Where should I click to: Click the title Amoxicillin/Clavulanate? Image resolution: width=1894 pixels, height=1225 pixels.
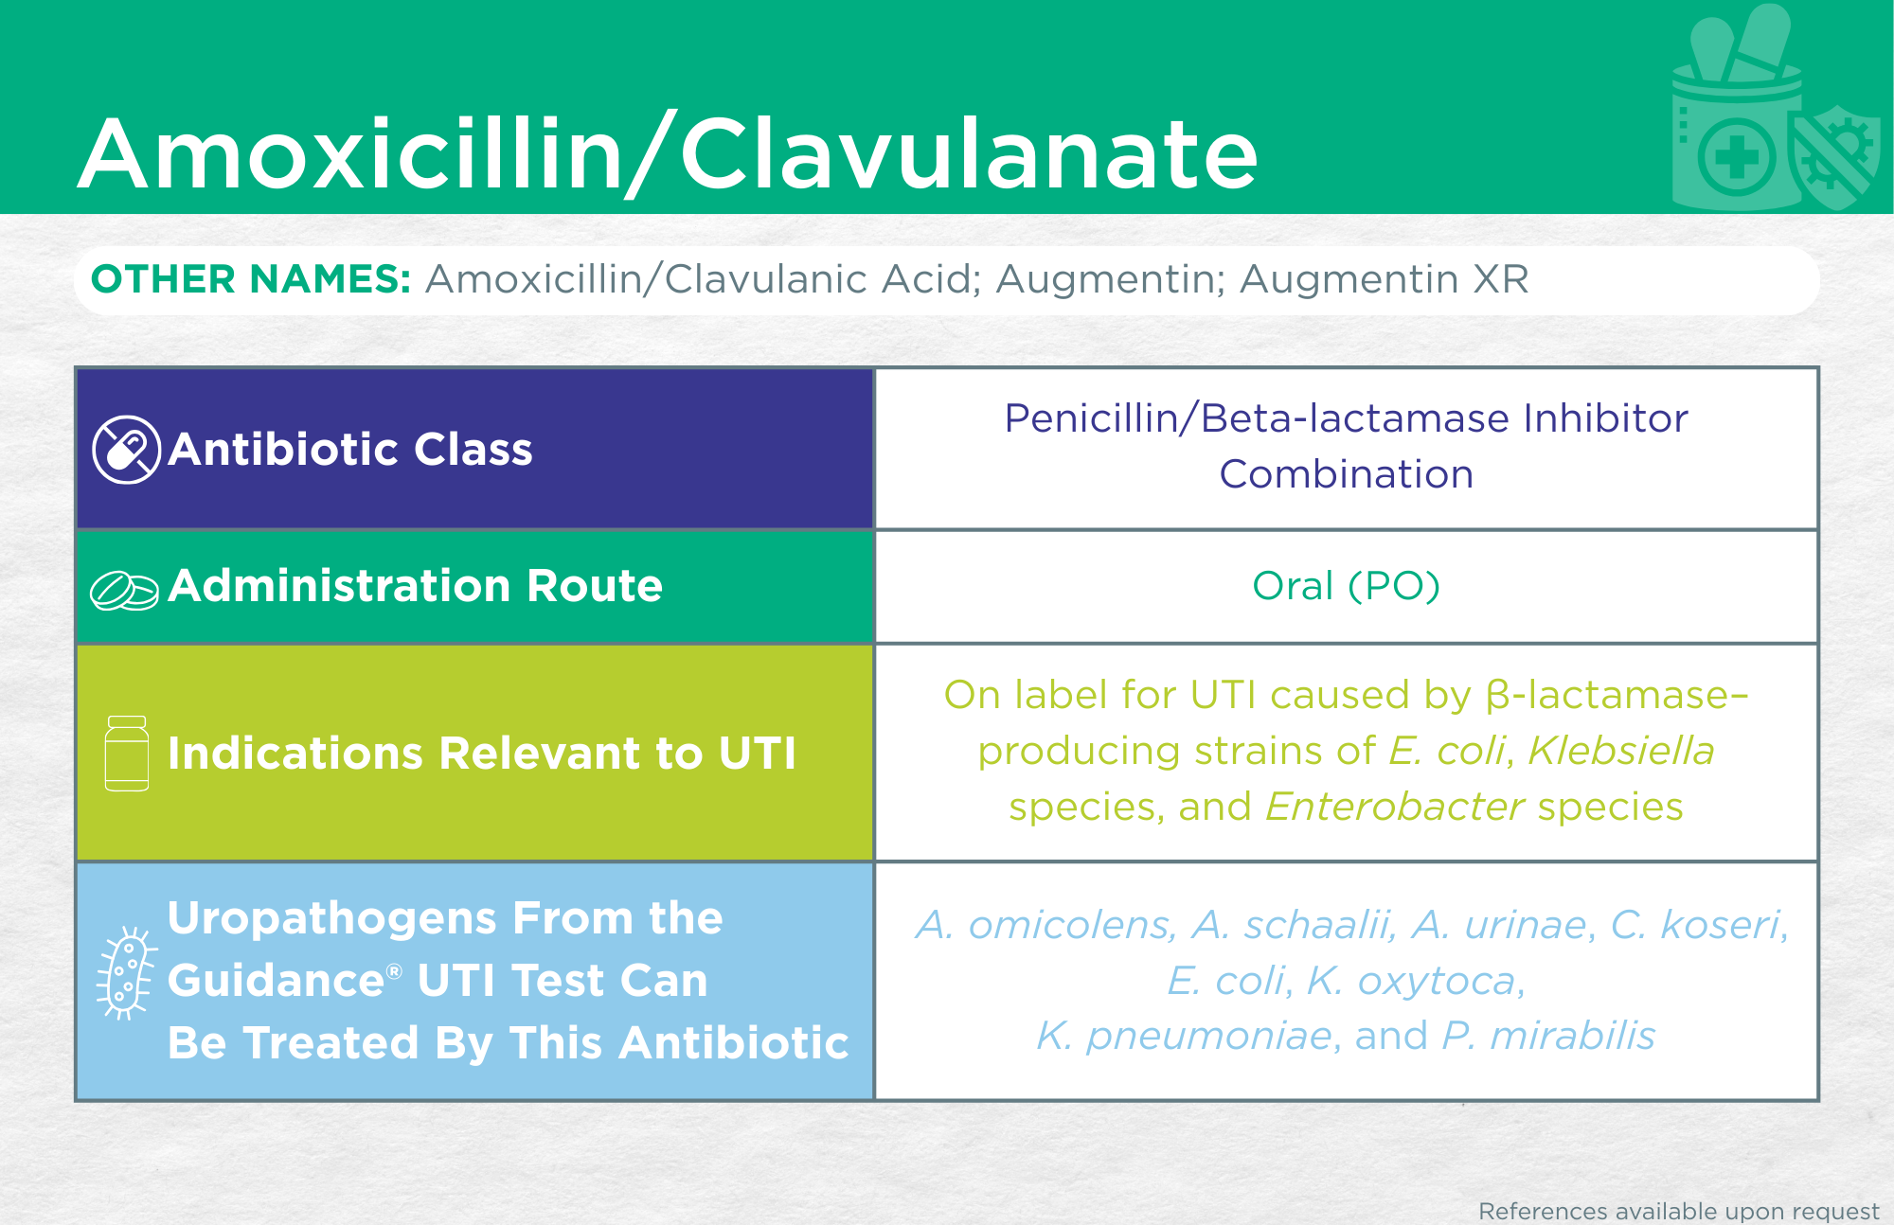(x=668, y=154)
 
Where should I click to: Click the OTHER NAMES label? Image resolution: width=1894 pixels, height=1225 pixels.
(x=251, y=279)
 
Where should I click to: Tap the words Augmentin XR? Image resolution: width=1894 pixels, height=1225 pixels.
(x=1385, y=279)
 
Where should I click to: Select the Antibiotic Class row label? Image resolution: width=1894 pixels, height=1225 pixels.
(x=350, y=449)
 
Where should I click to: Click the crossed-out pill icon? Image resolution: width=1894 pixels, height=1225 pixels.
(x=126, y=450)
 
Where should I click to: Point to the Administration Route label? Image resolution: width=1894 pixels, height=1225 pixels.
(x=416, y=585)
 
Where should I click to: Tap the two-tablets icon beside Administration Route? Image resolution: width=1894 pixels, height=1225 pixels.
(x=124, y=591)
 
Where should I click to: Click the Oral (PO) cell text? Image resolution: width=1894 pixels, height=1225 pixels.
(x=1346, y=586)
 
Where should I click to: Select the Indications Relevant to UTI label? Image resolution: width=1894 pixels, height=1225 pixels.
(x=482, y=754)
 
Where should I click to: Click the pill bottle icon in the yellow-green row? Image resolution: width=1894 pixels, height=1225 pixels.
(x=127, y=754)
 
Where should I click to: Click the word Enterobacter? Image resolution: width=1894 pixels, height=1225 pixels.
(x=1395, y=807)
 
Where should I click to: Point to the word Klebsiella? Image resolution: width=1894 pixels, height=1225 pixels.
(x=1621, y=751)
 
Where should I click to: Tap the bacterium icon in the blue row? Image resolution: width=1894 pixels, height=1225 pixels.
(x=124, y=973)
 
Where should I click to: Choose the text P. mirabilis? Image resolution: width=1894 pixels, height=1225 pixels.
(x=1548, y=1036)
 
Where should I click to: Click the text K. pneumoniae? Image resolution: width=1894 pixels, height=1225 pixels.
(x=1185, y=1037)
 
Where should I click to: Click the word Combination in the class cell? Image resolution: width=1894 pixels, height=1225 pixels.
(x=1346, y=474)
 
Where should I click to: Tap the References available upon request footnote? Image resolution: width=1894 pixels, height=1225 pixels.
(x=1678, y=1211)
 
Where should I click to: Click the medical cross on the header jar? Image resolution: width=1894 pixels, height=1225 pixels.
(x=1736, y=156)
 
